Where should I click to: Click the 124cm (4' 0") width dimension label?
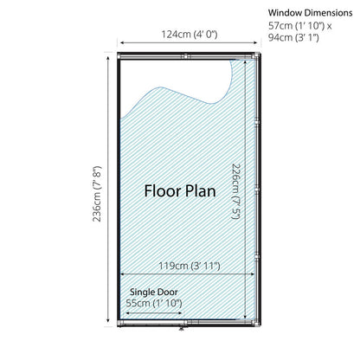[x=189, y=35]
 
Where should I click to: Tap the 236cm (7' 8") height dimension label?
[x=97, y=194]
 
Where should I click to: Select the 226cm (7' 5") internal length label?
[x=236, y=191]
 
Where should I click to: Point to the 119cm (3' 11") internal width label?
[x=190, y=266]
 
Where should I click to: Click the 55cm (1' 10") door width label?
[x=154, y=303]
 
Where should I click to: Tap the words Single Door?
[x=154, y=292]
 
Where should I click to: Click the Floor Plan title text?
[x=180, y=191]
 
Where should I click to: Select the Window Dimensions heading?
[x=310, y=13]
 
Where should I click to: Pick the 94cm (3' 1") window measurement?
[x=293, y=37]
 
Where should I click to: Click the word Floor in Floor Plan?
[x=163, y=191]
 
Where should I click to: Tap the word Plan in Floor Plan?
[x=201, y=191]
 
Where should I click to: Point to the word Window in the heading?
[x=285, y=13]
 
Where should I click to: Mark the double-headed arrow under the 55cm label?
[x=154, y=313]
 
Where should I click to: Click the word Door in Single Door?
[x=167, y=292]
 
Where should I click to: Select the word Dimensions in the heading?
[x=328, y=13]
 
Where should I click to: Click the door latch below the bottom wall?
[x=182, y=329]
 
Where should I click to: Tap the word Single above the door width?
[x=142, y=292]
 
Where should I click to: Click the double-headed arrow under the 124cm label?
[x=189, y=43]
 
